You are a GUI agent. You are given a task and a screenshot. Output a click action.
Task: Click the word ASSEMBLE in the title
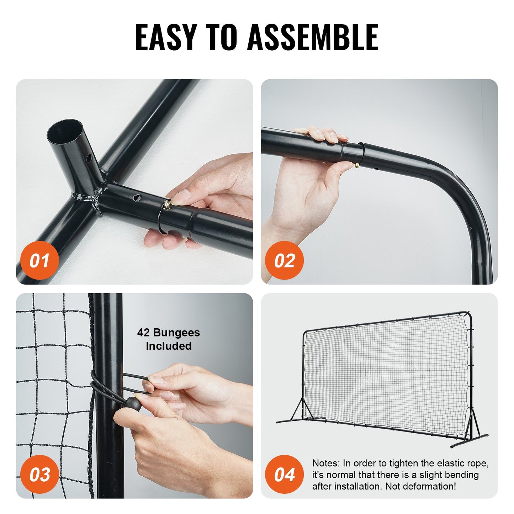coord(313,37)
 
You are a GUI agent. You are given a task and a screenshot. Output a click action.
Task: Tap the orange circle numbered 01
coord(39,261)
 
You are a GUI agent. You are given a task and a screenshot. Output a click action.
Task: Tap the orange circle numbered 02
coord(284,261)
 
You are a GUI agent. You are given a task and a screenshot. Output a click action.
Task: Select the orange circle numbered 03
coord(39,475)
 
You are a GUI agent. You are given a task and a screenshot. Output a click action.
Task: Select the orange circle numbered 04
coord(284,475)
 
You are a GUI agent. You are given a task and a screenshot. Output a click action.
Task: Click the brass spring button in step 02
coord(357,165)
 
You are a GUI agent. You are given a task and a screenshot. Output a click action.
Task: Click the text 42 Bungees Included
coord(169,339)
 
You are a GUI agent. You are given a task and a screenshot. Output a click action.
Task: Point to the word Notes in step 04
coord(325,463)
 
